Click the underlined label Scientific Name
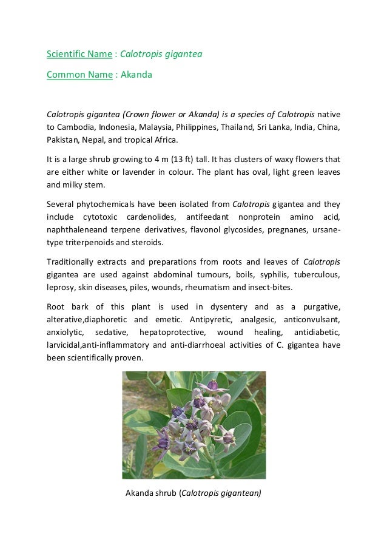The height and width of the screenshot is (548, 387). pos(79,55)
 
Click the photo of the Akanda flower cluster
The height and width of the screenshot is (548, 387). pos(194,425)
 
